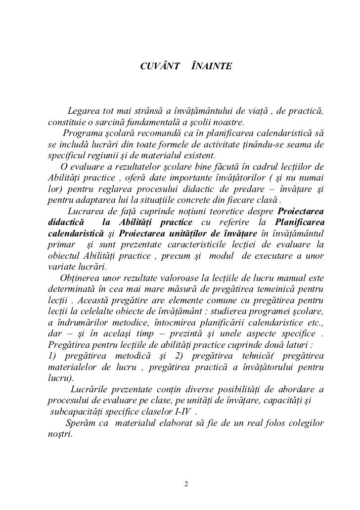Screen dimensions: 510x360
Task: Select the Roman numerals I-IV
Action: coord(183,412)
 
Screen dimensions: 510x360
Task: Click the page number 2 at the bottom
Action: coord(186,483)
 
